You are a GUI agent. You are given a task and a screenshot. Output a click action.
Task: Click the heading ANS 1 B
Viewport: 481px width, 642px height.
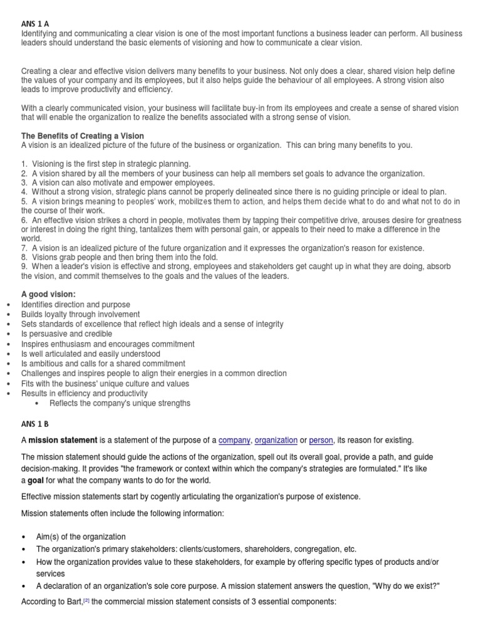[35, 424]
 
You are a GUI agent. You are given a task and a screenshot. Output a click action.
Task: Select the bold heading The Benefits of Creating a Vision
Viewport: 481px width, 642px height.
[82, 136]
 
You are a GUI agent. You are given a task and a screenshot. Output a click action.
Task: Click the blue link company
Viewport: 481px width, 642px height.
[234, 440]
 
